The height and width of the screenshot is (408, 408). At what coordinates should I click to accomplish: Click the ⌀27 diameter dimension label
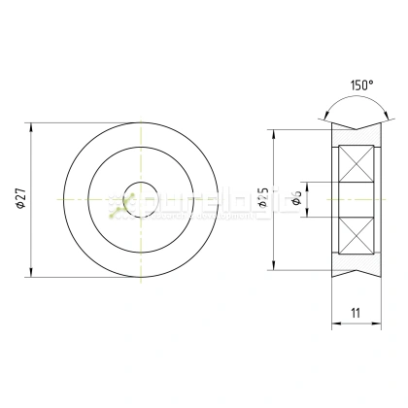(x=20, y=198)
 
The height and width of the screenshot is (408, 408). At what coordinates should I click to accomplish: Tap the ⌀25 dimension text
(x=263, y=200)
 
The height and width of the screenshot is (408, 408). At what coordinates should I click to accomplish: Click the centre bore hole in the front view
(x=142, y=198)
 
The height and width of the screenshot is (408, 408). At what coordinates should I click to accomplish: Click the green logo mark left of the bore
(x=117, y=204)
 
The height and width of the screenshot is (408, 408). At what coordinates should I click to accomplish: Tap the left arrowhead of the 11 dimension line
(x=335, y=324)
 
